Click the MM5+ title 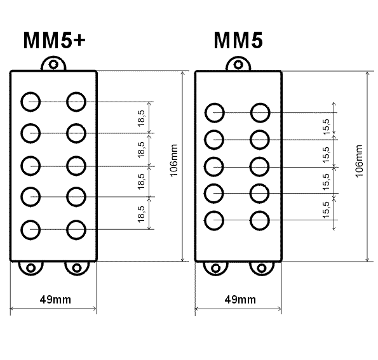(x=55, y=40)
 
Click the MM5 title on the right (x=238, y=40)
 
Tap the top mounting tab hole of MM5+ (x=53, y=65)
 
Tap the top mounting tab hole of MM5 (x=238, y=65)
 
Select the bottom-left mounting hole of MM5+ (x=31, y=268)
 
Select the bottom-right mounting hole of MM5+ (x=77, y=268)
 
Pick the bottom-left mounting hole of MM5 (x=216, y=268)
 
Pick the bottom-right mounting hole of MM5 (x=262, y=268)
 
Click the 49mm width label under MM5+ (x=55, y=300)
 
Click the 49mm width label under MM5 (x=240, y=300)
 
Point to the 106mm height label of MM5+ (x=174, y=161)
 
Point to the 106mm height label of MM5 (x=359, y=161)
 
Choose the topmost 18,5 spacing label (x=141, y=118)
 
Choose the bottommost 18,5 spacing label (x=141, y=214)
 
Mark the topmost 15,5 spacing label (x=326, y=127)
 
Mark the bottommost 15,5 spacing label (x=326, y=210)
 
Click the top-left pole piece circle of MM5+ (x=30, y=102)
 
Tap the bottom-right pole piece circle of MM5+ (x=76, y=230)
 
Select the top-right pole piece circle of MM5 (x=260, y=113)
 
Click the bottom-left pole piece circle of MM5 (x=214, y=220)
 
